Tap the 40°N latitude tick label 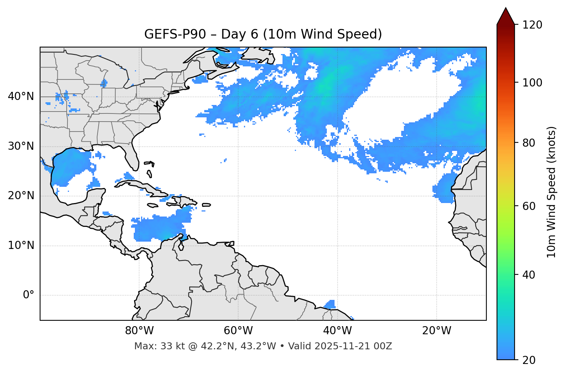(x=21, y=96)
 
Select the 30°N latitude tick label (x=21, y=146)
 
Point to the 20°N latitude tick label (x=21, y=196)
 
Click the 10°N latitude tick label (x=21, y=245)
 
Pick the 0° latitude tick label (x=29, y=295)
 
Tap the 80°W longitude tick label (x=139, y=331)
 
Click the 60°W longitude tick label (x=238, y=331)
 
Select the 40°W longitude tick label (x=337, y=331)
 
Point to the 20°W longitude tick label (x=436, y=331)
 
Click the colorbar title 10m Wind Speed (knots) (x=552, y=192)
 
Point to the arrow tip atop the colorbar (x=506, y=8)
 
